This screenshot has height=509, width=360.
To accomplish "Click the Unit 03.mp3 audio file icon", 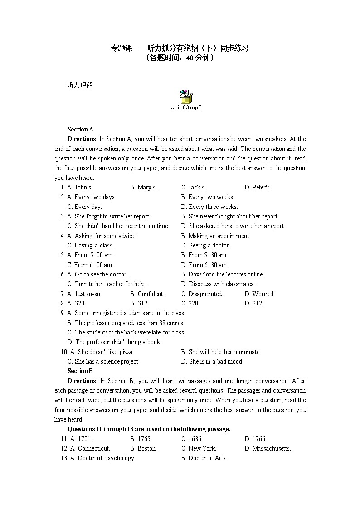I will tap(186, 97).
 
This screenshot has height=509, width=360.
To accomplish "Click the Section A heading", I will tap(80, 129).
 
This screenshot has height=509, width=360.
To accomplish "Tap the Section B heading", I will tap(80, 371).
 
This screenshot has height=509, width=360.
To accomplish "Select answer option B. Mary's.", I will tap(143, 187).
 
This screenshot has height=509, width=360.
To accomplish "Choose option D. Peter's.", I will tap(258, 187).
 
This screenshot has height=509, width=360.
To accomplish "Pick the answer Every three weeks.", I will tap(209, 207).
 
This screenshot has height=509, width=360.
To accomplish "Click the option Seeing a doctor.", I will tap(205, 245).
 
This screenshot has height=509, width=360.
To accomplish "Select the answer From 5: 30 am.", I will tap(204, 255).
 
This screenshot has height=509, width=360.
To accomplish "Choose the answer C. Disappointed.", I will tap(202, 294).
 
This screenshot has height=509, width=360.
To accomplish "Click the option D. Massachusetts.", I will tap(268, 448).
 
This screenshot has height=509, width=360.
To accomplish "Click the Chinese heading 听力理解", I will tap(80, 85).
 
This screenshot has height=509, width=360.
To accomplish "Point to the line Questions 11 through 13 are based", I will tap(149, 429).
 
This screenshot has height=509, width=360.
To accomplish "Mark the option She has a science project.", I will tap(103, 361).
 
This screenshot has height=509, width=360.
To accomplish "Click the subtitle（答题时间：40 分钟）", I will tap(180, 58).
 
